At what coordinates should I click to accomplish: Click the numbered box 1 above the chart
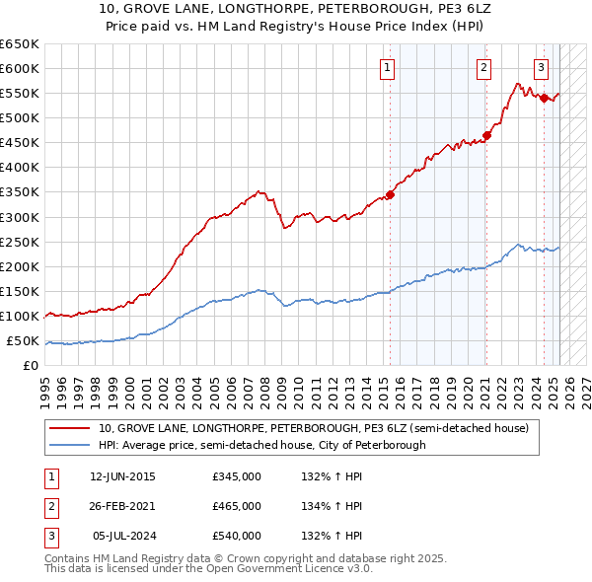(x=386, y=68)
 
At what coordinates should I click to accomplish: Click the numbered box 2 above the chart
(x=484, y=68)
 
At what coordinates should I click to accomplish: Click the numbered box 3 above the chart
(x=542, y=68)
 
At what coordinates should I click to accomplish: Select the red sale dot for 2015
(x=390, y=194)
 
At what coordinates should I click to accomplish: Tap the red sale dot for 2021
(x=486, y=135)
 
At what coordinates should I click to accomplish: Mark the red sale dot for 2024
(x=544, y=98)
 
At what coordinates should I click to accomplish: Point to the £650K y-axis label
(x=20, y=44)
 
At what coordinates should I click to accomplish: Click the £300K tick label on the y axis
(x=20, y=217)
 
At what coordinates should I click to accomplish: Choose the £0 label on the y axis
(x=31, y=366)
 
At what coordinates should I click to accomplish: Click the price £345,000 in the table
(x=237, y=476)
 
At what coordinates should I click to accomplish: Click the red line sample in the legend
(x=70, y=428)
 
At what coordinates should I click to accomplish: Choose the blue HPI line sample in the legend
(x=70, y=445)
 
